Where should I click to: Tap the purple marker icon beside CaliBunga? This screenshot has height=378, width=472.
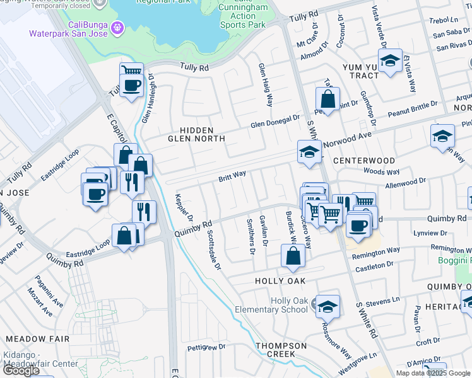116,27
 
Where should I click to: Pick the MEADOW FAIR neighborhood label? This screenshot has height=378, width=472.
37,339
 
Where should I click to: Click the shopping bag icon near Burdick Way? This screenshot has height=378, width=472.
293,256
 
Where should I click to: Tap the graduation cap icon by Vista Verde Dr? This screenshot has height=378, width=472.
391,60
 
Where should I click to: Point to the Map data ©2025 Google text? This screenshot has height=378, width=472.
432,373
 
